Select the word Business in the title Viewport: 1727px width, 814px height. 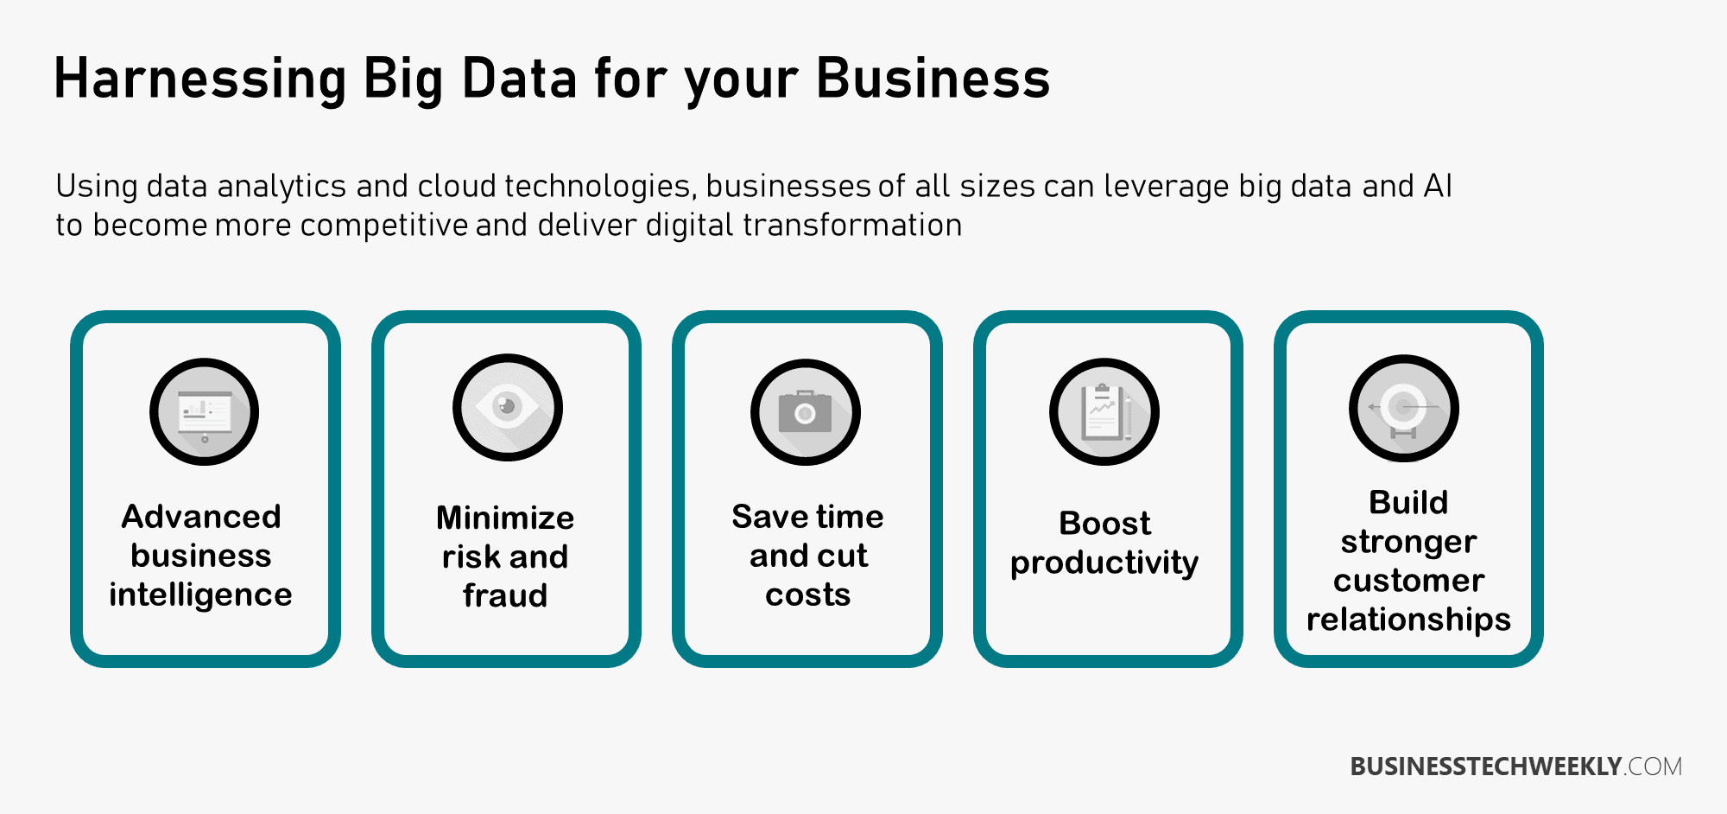[933, 78]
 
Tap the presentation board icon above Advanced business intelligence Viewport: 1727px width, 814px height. [205, 411]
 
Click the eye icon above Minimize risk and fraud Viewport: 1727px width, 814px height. [508, 407]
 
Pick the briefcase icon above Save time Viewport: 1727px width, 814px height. [806, 412]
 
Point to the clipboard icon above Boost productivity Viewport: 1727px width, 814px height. [1104, 411]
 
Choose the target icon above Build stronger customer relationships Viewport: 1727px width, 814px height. [1404, 408]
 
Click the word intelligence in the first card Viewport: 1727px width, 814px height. [200, 595]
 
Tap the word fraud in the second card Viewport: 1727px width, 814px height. [505, 595]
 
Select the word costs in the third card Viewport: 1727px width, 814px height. [808, 595]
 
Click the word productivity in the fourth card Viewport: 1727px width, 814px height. [1104, 563]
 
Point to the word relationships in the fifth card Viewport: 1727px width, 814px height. [1408, 620]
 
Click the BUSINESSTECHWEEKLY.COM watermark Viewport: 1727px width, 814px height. [1516, 766]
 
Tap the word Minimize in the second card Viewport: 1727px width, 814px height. [505, 518]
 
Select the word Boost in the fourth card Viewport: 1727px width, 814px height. [1104, 524]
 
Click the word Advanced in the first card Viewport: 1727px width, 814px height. [201, 517]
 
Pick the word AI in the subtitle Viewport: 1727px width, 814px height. [1438, 186]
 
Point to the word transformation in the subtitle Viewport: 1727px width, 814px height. [852, 225]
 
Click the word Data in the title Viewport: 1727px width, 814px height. [520, 78]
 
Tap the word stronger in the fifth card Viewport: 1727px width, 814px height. [1408, 543]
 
